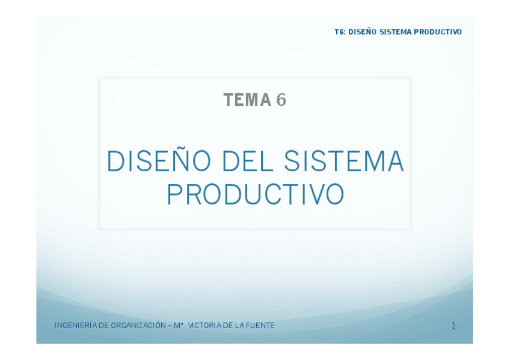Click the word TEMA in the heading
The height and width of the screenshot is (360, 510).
247,100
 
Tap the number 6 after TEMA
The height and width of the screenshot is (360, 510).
281,100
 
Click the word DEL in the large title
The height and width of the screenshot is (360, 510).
247,162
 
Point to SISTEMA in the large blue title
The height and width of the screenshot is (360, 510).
343,162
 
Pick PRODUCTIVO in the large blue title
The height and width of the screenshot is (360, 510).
255,195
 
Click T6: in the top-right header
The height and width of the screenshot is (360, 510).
340,32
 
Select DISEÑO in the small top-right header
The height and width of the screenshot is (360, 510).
362,32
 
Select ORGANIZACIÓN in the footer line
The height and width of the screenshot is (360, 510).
137,325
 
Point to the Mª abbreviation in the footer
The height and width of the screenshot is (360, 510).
178,325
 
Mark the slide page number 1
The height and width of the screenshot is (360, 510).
453,326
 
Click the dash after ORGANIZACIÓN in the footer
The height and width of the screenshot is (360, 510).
169,325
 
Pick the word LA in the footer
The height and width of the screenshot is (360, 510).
239,325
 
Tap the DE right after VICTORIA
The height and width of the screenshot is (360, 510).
228,325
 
